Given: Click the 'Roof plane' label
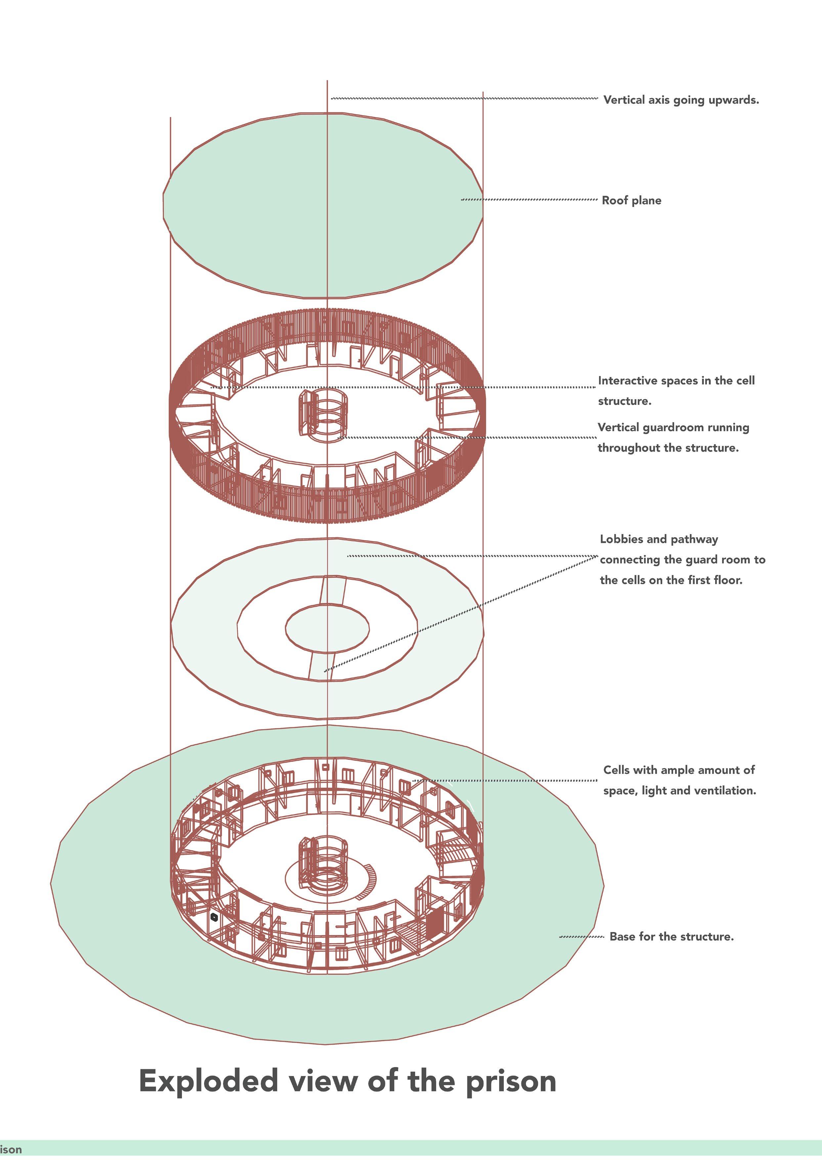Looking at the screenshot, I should [631, 201].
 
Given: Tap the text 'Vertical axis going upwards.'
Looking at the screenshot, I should [681, 100].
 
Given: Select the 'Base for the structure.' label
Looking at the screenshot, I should [671, 937].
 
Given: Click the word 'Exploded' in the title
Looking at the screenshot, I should [208, 1082].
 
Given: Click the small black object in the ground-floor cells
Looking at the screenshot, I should [214, 917].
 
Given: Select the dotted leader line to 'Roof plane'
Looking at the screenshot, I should [529, 200].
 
